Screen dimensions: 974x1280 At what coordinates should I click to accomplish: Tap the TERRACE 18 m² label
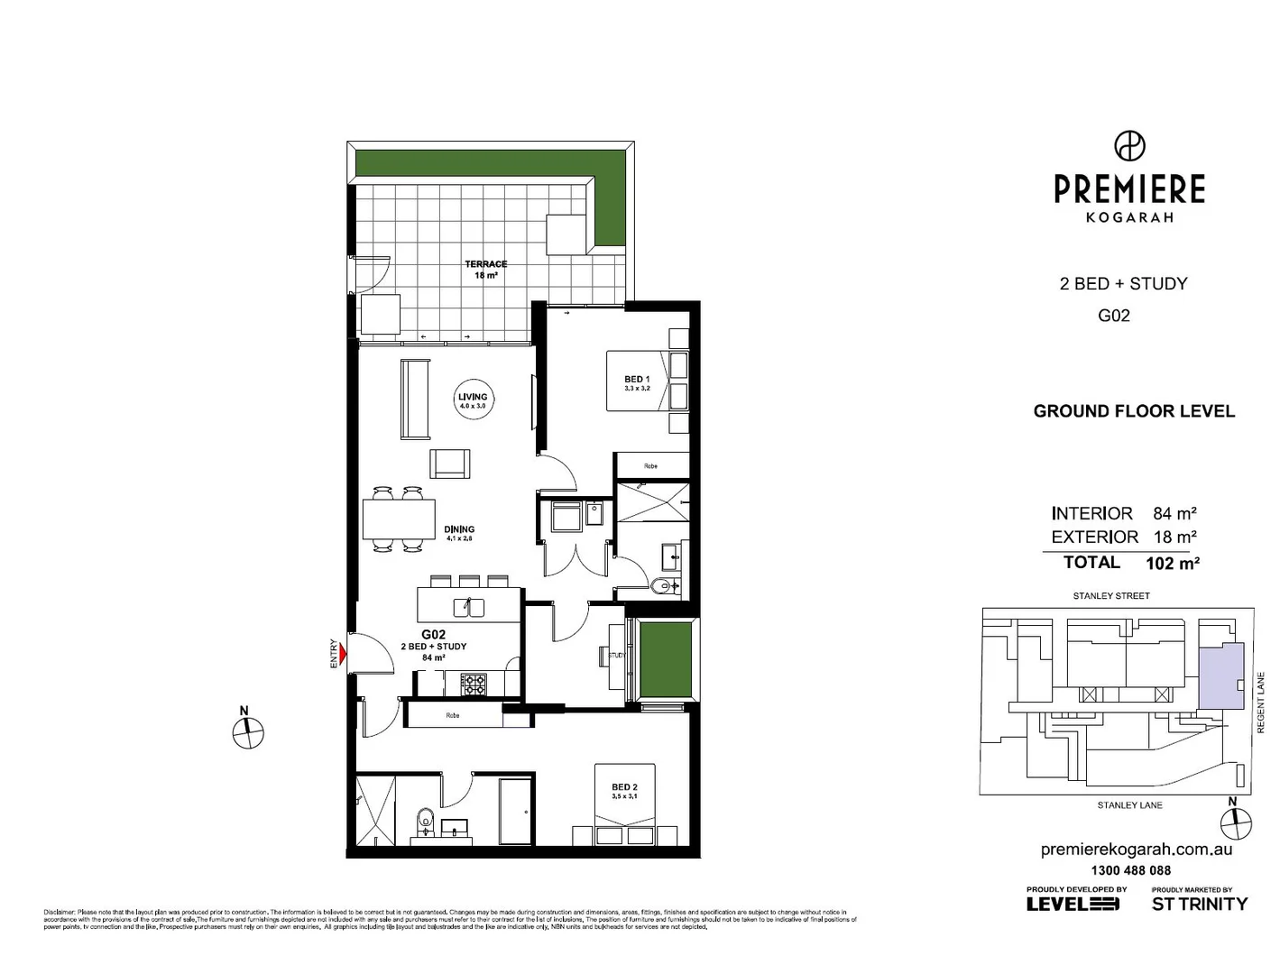click(x=485, y=269)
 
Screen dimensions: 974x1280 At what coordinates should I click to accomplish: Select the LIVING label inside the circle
click(x=473, y=397)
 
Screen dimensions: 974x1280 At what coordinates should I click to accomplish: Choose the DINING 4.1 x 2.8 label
click(x=459, y=533)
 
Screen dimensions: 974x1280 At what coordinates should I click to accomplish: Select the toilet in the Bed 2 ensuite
click(x=424, y=822)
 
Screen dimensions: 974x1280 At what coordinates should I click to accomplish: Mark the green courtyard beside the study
click(x=665, y=659)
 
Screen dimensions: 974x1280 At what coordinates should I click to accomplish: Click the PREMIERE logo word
click(x=1129, y=189)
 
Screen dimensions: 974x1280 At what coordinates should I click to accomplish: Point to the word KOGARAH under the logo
click(x=1129, y=217)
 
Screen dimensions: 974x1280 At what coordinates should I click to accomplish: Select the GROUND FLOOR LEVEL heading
click(x=1134, y=411)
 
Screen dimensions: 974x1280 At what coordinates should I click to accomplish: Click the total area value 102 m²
click(x=1172, y=564)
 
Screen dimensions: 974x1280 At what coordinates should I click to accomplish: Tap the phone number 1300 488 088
click(x=1130, y=870)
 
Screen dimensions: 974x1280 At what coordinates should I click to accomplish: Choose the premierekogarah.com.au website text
click(x=1136, y=849)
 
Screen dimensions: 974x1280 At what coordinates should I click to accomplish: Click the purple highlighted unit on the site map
click(x=1220, y=675)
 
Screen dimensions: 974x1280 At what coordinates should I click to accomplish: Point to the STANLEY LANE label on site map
click(x=1129, y=805)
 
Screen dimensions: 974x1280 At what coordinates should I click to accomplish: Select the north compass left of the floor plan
click(x=248, y=733)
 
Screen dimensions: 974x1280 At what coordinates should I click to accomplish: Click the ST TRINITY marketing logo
click(x=1200, y=903)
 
